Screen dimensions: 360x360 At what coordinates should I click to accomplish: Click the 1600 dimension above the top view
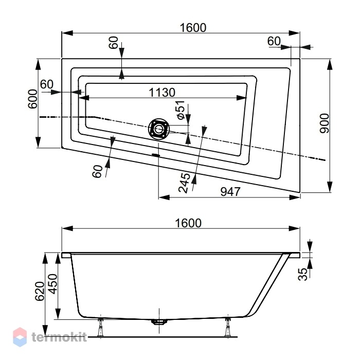193,28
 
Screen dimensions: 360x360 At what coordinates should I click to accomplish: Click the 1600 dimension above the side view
188,223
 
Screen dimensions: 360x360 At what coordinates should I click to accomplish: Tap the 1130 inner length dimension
162,93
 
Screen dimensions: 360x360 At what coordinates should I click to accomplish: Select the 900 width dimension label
325,123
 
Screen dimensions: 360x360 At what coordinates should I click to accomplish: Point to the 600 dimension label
32,99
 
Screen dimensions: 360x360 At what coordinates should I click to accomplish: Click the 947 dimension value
230,192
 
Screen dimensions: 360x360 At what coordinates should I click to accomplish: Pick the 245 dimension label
184,183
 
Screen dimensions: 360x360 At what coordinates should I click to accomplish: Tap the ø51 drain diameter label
181,110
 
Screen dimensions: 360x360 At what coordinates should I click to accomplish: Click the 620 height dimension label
40,291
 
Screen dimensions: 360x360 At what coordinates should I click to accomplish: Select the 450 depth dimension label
53,284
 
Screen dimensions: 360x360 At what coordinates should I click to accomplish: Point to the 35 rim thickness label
302,274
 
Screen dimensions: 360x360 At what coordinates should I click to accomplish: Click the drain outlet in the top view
158,129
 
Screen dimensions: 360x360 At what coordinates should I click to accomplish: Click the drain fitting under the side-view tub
159,321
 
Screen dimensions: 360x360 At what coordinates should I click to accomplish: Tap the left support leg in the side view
100,327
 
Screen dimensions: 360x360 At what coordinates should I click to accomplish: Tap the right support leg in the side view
228,327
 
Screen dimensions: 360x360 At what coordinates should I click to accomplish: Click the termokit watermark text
59,337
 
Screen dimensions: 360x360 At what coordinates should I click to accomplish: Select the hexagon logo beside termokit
20,337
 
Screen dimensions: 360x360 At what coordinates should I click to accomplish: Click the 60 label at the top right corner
274,41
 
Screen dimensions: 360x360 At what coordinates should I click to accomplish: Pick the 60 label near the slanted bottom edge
97,171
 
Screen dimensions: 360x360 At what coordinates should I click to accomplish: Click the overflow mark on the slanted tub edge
156,155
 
